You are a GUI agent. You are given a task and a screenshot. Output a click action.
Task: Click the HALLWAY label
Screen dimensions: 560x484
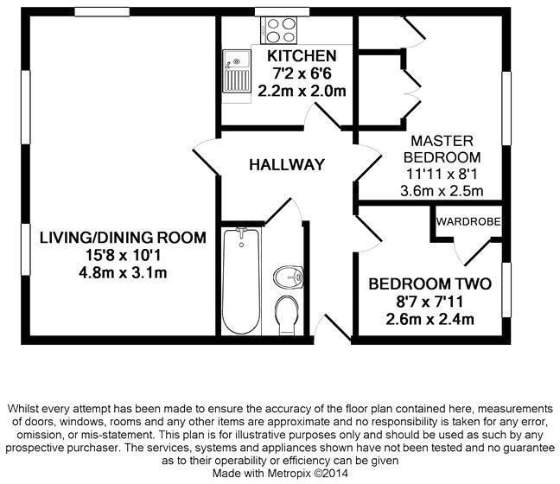[x=287, y=165]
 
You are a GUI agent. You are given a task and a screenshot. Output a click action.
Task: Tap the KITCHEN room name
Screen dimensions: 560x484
[x=302, y=56]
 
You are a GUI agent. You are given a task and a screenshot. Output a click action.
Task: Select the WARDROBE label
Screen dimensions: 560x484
[x=468, y=222]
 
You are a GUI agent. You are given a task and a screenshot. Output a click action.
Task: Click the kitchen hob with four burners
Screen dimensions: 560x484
[x=279, y=30]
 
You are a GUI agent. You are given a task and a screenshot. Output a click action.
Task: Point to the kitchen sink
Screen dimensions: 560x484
[x=236, y=72]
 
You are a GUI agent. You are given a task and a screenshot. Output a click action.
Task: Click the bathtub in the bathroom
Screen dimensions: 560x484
[x=241, y=281]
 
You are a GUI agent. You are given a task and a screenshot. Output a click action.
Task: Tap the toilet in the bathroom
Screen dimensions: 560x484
[x=288, y=315]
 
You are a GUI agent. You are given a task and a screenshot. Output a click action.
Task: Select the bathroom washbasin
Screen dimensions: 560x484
[x=289, y=277]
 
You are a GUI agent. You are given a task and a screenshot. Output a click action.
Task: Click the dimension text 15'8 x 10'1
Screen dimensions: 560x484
[x=123, y=255]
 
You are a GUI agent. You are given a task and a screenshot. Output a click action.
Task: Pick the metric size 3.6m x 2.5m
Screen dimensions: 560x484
[x=442, y=191]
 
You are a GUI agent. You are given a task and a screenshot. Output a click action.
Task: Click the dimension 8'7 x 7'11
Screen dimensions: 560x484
[x=430, y=302]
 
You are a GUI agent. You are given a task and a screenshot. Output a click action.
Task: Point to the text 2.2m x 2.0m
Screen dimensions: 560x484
[x=302, y=91]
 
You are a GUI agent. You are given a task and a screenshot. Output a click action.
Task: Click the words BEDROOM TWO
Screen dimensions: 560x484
[x=430, y=284]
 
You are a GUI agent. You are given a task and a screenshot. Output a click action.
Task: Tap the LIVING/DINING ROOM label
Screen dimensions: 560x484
[x=123, y=238]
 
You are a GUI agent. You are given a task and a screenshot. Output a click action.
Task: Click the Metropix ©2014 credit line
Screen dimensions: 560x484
[x=280, y=474]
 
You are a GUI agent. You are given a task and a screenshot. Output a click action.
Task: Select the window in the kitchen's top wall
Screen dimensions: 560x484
[x=282, y=12]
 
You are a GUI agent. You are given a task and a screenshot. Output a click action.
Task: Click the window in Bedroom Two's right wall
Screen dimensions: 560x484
[x=506, y=290]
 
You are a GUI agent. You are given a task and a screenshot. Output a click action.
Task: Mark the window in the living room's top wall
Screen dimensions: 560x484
[x=102, y=12]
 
